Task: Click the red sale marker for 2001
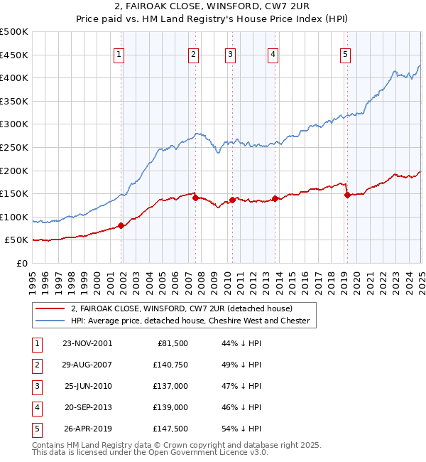coord(121,226)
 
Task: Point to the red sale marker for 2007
coord(195,198)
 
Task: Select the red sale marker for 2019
coord(347,195)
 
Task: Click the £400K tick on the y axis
coord(14,78)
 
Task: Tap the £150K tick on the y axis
coord(14,193)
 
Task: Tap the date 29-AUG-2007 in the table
coord(87,365)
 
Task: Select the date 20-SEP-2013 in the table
coord(87,407)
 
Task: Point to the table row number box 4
coord(36,407)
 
